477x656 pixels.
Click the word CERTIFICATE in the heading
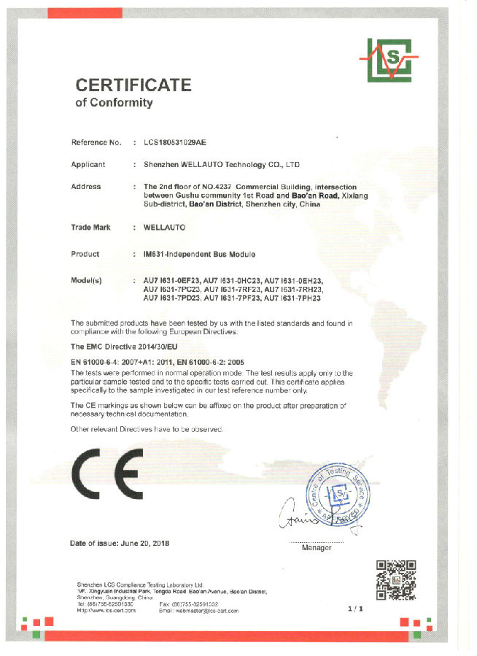[x=133, y=85]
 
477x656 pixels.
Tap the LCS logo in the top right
[x=388, y=60]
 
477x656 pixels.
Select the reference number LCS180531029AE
[x=181, y=142]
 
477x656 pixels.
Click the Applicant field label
[x=88, y=165]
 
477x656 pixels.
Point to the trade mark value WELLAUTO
[x=165, y=228]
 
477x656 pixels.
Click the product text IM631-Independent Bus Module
[x=200, y=254]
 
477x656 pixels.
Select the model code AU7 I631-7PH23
[x=292, y=298]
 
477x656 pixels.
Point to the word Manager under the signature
[x=317, y=547]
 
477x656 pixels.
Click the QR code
[x=395, y=580]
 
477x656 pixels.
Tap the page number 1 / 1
[x=355, y=607]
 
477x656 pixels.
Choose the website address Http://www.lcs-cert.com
[x=106, y=611]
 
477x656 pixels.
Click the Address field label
[x=86, y=187]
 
